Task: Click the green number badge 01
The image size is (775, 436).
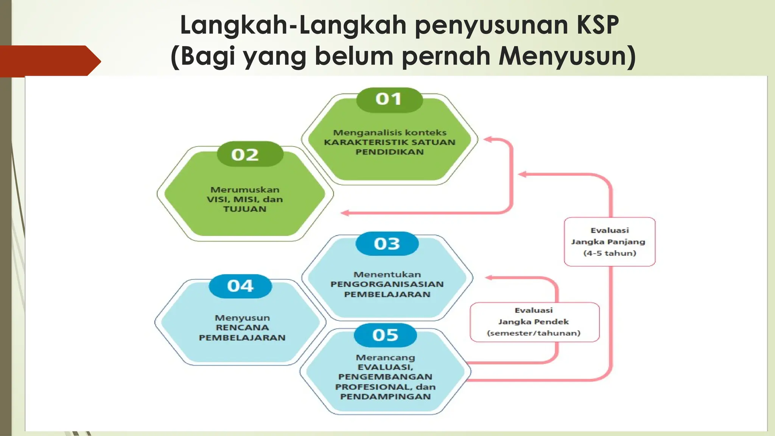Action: tap(389, 100)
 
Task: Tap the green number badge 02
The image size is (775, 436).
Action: tap(245, 155)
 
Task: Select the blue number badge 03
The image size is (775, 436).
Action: tap(387, 244)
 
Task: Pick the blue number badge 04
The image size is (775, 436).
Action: tap(241, 286)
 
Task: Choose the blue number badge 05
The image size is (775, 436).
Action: tap(385, 335)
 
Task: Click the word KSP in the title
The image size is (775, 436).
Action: tap(598, 25)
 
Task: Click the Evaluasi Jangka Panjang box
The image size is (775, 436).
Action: tap(609, 241)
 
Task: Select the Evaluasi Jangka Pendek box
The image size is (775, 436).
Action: tap(534, 322)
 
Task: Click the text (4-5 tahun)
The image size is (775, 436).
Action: tap(610, 253)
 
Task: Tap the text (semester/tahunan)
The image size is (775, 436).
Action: tap(534, 333)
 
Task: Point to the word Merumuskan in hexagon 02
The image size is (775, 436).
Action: tap(245, 190)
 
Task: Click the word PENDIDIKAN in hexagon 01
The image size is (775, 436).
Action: tap(389, 152)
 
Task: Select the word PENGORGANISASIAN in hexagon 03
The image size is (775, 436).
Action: tap(387, 284)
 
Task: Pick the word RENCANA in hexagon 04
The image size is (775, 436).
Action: tap(242, 328)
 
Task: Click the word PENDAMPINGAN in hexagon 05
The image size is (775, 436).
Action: tap(385, 397)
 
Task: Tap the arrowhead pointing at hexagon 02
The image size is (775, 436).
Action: tap(345, 213)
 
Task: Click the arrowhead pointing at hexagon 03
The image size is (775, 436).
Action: tap(489, 278)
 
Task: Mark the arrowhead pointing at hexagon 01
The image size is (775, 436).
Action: tap(488, 139)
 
